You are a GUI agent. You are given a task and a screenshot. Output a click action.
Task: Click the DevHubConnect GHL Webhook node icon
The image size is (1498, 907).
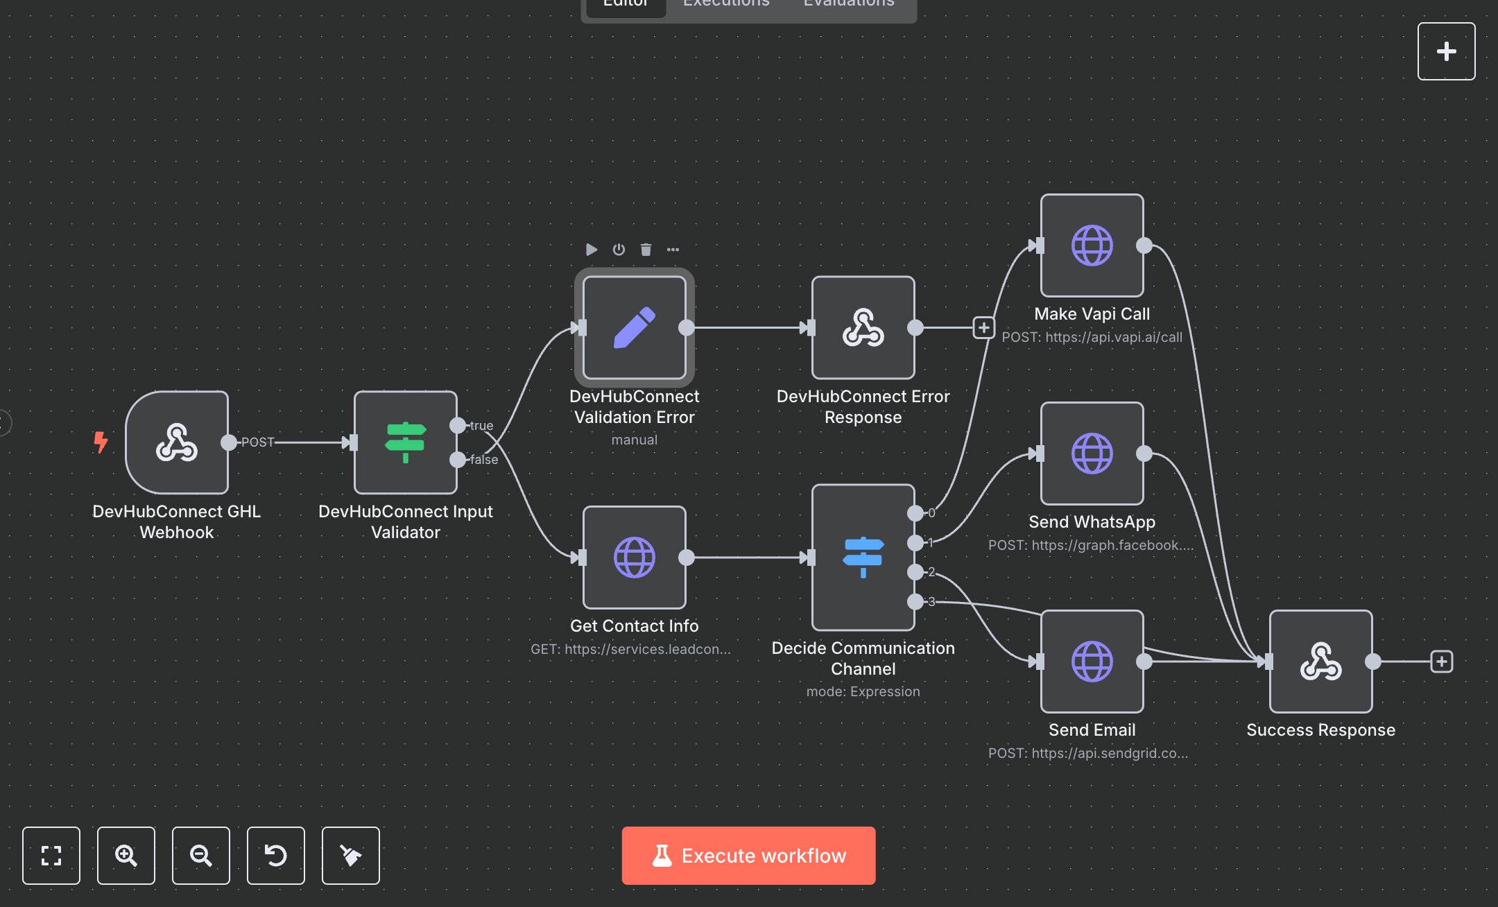coord(177,442)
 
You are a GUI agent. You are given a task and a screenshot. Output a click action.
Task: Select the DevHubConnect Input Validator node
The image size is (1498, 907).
coord(406,442)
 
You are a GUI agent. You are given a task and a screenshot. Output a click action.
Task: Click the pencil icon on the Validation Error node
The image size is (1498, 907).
coord(635,327)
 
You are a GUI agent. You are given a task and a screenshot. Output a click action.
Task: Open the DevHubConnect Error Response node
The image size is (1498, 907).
coord(863,327)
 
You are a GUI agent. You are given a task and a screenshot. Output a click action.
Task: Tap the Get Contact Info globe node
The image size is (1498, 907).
coord(635,558)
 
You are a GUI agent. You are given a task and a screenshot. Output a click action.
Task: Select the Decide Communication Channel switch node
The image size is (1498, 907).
coord(863,558)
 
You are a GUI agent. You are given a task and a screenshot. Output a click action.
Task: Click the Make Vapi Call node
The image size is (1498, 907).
coord(1092,245)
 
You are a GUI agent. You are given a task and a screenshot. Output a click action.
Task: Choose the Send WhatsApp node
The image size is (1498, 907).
coord(1092,453)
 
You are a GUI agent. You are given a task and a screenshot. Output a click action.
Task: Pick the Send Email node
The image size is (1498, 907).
coord(1092,662)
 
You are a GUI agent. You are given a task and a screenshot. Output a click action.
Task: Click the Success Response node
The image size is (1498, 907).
coord(1321,662)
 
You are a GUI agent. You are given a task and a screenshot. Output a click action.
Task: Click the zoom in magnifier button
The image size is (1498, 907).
coord(126,856)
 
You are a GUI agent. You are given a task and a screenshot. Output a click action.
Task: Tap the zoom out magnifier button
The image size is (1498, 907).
coord(201,856)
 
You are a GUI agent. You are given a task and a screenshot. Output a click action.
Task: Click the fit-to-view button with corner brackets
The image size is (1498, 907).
coord(51,856)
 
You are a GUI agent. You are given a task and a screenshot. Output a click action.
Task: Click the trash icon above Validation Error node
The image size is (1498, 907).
coord(646,250)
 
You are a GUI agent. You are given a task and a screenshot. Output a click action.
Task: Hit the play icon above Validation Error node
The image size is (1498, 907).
coord(592,250)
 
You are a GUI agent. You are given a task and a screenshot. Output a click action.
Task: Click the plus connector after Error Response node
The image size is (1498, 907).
coord(983,327)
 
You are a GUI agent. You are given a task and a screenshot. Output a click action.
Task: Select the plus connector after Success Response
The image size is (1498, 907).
coord(1442,662)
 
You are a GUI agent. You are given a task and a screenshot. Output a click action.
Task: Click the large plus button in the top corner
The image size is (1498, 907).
coord(1447,51)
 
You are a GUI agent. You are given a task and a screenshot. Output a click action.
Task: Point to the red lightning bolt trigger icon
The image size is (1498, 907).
coord(101,442)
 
